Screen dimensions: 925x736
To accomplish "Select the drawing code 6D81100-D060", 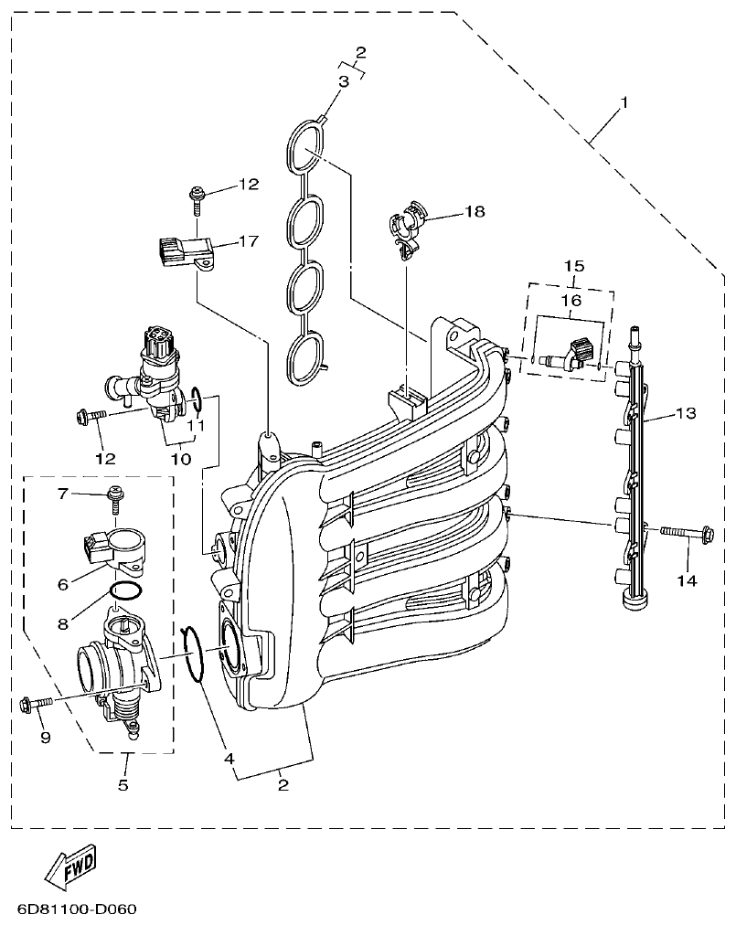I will tap(76, 910).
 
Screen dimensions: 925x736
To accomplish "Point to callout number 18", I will tap(474, 212).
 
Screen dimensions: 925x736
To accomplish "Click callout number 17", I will tap(249, 241).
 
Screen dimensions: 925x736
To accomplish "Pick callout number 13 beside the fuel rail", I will tap(686, 413).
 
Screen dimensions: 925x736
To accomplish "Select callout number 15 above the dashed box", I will tap(573, 266).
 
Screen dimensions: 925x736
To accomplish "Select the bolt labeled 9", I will tap(37, 703).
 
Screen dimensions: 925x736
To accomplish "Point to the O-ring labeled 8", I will tap(124, 591).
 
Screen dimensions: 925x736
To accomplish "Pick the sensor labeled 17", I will tap(185, 251).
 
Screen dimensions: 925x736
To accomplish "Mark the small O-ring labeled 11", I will tap(196, 398).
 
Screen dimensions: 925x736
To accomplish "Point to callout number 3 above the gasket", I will tap(344, 82).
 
